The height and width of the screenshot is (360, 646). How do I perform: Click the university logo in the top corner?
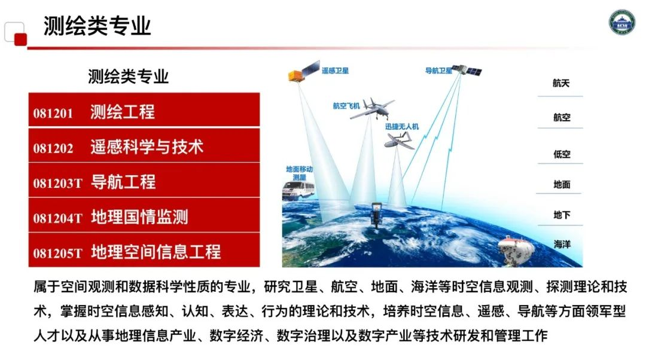(621, 22)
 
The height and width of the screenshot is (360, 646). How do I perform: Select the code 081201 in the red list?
(53, 113)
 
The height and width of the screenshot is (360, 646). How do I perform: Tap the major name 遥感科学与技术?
(147, 147)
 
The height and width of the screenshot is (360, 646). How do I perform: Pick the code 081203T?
(57, 184)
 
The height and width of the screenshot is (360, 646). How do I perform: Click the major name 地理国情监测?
(139, 217)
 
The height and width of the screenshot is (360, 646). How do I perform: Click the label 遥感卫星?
(335, 71)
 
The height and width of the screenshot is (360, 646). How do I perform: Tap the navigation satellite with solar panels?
(467, 70)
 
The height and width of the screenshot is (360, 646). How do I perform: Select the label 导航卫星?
(438, 71)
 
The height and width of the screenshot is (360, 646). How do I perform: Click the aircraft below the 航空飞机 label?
(372, 109)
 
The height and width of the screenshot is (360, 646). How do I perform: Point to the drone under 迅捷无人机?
(399, 139)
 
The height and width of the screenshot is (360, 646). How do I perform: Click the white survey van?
(298, 191)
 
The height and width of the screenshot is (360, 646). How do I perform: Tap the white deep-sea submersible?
(516, 250)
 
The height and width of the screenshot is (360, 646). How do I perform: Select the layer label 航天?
(560, 83)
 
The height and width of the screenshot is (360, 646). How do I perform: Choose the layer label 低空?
(562, 154)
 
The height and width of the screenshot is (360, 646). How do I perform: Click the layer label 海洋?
(562, 244)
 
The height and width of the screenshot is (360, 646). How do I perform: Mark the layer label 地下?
(562, 215)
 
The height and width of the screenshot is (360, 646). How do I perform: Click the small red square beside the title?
(20, 39)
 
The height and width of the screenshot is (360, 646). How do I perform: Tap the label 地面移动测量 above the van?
(299, 173)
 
